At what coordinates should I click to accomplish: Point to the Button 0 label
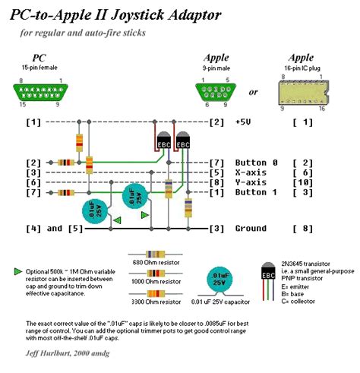pyautogui.click(x=257, y=163)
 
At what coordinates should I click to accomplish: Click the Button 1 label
pyautogui.click(x=257, y=193)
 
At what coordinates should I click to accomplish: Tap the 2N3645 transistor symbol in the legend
pyautogui.click(x=268, y=274)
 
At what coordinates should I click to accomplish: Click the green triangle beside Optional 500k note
pyautogui.click(x=18, y=270)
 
